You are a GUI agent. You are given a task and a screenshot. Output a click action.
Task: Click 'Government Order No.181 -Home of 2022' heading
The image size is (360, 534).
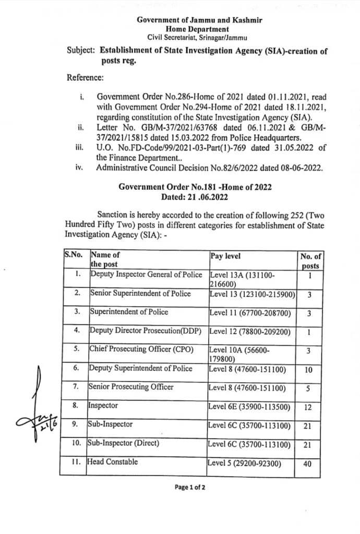point(195,187)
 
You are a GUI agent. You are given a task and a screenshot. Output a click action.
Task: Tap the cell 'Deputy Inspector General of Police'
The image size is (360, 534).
point(146,274)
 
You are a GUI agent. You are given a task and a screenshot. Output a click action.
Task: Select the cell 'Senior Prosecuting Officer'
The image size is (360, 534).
point(130,387)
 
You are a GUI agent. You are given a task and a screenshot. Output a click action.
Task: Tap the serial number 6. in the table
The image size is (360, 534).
point(76,368)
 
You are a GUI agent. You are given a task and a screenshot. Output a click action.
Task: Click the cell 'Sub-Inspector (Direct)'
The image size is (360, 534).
point(123,444)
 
